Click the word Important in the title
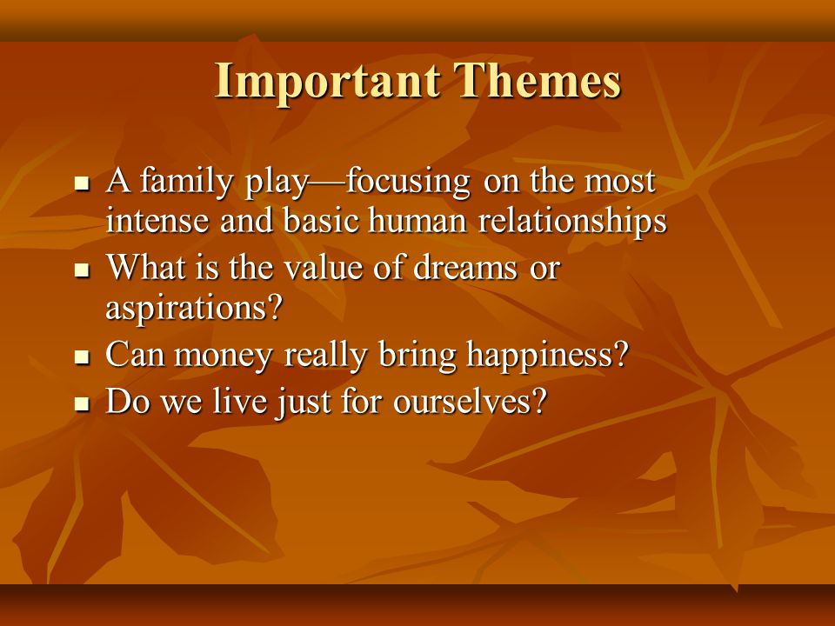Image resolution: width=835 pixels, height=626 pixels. pyautogui.click(x=328, y=82)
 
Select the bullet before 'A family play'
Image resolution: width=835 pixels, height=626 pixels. pyautogui.click(x=82, y=184)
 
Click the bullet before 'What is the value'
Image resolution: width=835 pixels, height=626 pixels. pyautogui.click(x=82, y=270)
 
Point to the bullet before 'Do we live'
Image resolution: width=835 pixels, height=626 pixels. pyautogui.click(x=82, y=403)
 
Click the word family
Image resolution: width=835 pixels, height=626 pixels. pyautogui.click(x=186, y=182)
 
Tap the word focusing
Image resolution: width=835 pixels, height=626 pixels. pyautogui.click(x=408, y=182)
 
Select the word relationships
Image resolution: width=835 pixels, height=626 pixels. pyautogui.click(x=572, y=222)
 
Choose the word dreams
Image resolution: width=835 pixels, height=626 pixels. pyautogui.click(x=464, y=268)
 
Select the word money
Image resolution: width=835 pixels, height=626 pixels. pyautogui.click(x=224, y=356)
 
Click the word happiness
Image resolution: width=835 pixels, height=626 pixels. pyautogui.click(x=540, y=354)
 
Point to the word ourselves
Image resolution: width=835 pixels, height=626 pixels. pyautogui.click(x=463, y=402)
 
